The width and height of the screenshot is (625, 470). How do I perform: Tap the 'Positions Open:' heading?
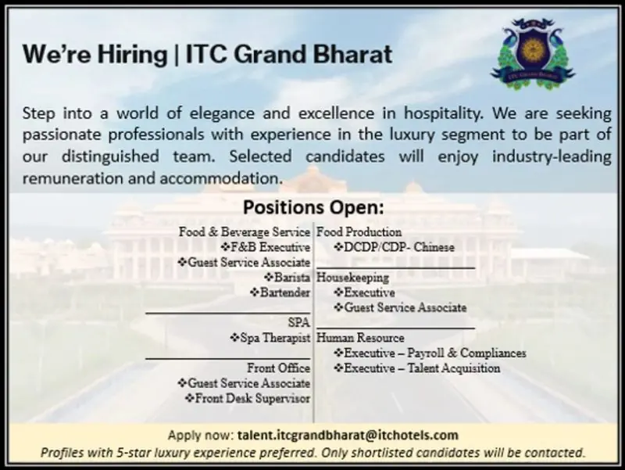point(313,208)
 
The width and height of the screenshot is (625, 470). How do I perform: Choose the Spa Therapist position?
point(270,338)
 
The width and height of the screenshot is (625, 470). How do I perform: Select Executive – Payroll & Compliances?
point(430,353)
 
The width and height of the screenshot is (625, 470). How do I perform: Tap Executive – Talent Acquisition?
point(417,368)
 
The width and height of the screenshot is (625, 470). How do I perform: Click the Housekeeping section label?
point(352,278)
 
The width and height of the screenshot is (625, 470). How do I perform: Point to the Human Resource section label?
point(360,338)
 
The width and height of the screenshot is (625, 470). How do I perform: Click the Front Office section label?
point(278,368)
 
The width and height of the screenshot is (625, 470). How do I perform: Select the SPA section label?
point(299,322)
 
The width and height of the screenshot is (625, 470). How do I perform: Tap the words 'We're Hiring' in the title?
point(94,55)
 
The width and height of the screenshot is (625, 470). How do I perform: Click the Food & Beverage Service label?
point(244,232)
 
